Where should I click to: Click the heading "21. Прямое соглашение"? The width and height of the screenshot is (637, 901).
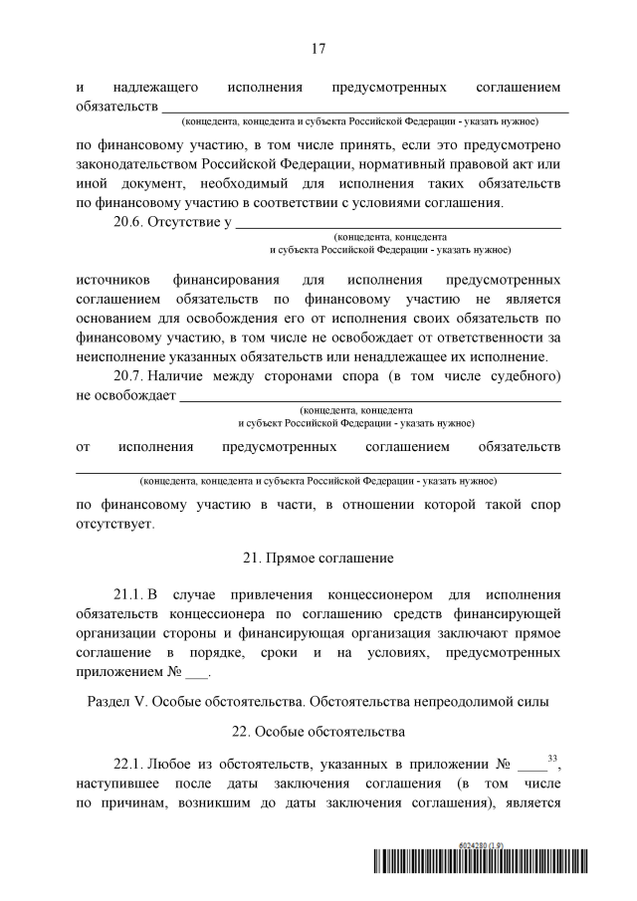pos(318,557)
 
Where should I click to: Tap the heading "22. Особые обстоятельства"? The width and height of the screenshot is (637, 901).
pos(318,732)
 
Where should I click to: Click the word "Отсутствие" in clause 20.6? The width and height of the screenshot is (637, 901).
pos(182,221)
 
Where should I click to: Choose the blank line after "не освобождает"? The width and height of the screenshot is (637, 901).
pos(369,397)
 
